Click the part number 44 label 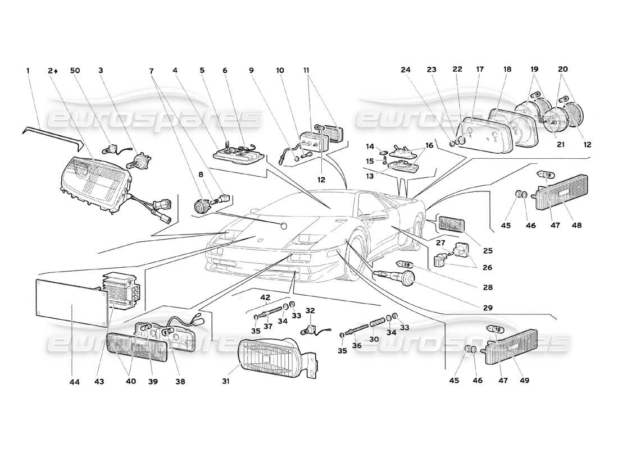pos(75,382)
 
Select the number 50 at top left pos(75,70)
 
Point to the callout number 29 pos(488,308)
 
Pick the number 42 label pos(265,297)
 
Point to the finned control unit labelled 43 pos(121,292)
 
